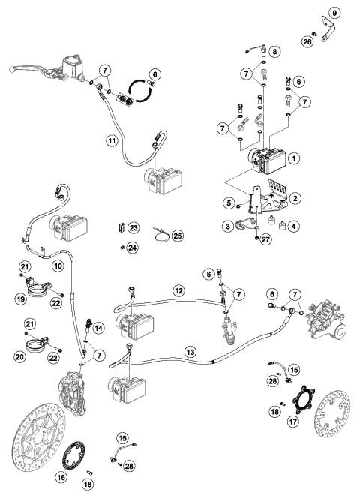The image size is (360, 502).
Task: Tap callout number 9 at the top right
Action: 334,11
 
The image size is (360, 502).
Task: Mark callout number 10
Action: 56,266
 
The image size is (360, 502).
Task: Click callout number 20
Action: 23,357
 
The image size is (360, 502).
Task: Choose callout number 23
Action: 133,227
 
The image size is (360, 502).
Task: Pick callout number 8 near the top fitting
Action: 274,51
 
